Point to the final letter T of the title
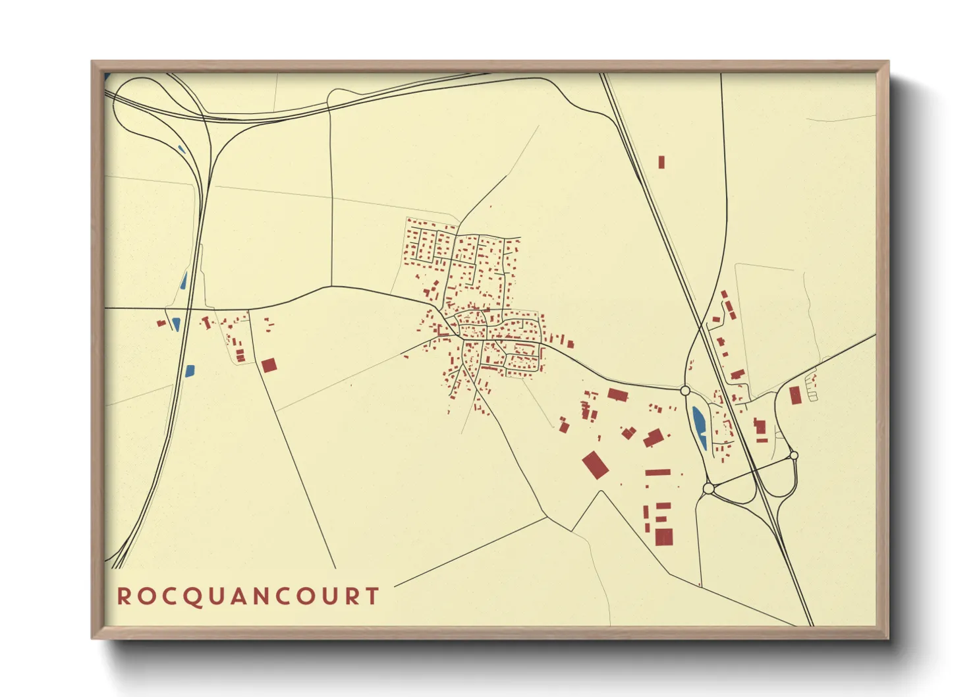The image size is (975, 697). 373,597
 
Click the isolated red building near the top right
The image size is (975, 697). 661,162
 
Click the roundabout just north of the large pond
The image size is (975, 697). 685,391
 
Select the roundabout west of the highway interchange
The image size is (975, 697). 708,488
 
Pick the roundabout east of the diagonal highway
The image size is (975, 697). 794,455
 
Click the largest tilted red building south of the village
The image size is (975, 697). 595,464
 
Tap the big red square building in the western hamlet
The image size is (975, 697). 269,365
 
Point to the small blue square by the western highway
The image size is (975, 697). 190,371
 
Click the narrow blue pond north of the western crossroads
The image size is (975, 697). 184,281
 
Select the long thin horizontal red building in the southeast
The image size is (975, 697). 657,472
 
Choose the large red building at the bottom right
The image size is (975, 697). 664,536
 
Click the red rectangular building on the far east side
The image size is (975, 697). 795,395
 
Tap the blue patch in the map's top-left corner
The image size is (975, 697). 107,77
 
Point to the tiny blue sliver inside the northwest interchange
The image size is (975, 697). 181,150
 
